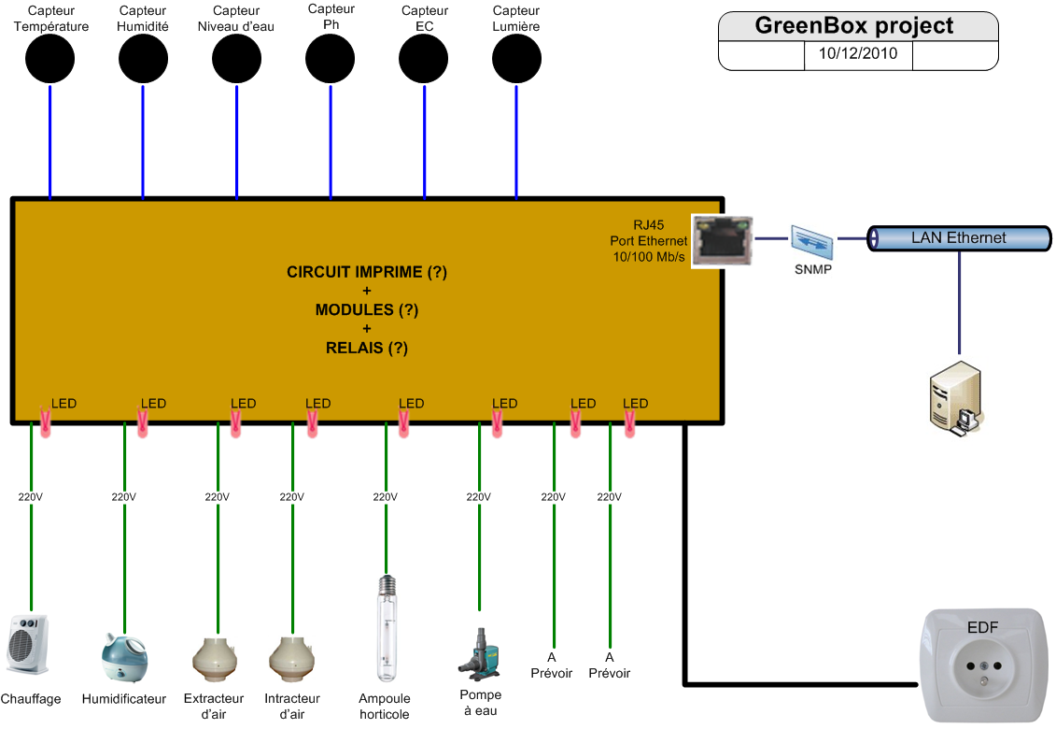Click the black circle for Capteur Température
coord(49,60)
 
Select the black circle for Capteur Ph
coord(331,60)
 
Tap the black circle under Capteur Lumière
coord(516,60)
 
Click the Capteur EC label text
coord(424,19)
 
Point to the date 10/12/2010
coord(857,54)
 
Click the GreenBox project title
coord(854,25)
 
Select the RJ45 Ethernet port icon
coord(722,240)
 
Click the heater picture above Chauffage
coord(27,644)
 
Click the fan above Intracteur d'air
coord(291,658)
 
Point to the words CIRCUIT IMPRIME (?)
coord(367,273)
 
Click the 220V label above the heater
coord(31,496)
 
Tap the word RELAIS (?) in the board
coord(367,348)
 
